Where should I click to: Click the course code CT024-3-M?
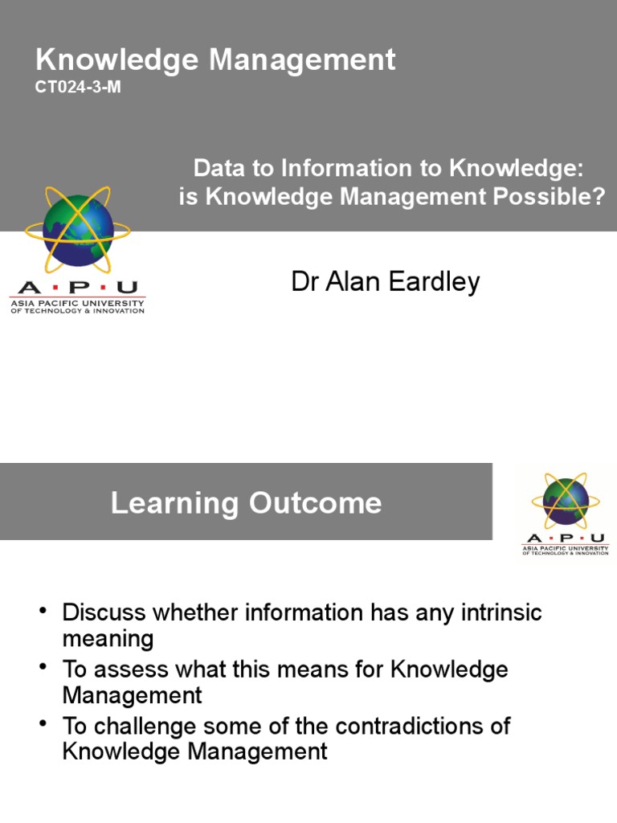pyautogui.click(x=78, y=88)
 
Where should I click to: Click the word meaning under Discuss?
pyautogui.click(x=108, y=640)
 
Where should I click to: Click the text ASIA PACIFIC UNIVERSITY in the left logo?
pyautogui.click(x=77, y=303)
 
